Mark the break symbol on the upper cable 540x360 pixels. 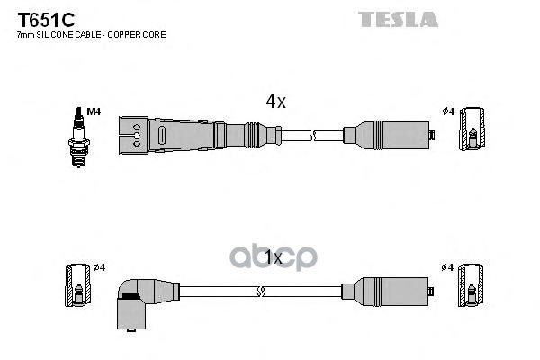[312, 135]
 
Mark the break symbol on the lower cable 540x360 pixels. [260, 290]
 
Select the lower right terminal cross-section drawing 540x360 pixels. [472, 286]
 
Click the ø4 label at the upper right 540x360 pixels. [447, 112]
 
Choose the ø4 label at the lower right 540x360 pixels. [447, 267]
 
